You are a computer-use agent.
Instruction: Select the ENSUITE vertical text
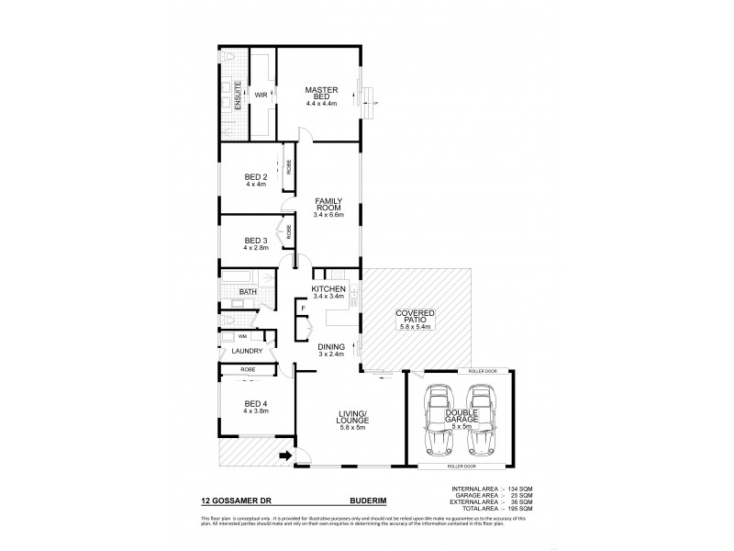[x=239, y=96]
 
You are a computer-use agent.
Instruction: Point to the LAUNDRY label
[x=248, y=351]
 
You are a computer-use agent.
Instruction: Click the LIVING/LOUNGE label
[x=352, y=419]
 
